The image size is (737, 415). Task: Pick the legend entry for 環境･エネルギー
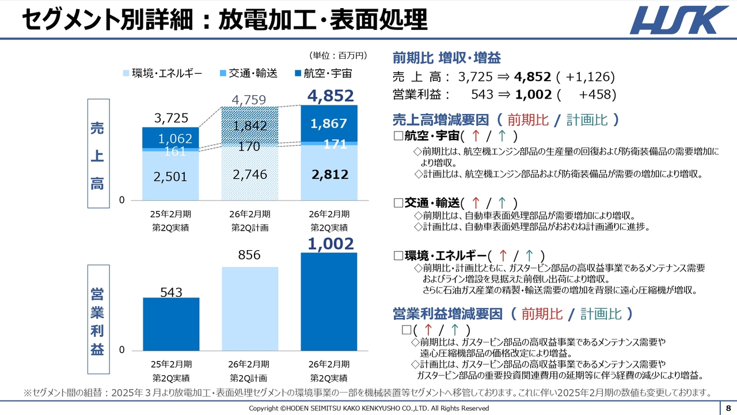[x=162, y=73]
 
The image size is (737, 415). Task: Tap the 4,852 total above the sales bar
[x=330, y=96]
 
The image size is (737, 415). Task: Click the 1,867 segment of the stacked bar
[x=329, y=123]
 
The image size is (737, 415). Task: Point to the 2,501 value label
[x=170, y=176]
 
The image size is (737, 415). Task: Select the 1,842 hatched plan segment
[x=250, y=126]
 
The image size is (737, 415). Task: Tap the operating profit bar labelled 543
[x=171, y=324]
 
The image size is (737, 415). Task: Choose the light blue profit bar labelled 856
[x=250, y=308]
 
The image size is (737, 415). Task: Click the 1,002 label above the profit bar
[x=330, y=244]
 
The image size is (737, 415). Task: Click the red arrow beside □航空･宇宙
[x=476, y=136]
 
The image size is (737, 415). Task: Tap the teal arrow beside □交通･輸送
[x=502, y=203]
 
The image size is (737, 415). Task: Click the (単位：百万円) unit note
[x=338, y=55]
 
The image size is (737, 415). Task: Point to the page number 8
[x=728, y=408]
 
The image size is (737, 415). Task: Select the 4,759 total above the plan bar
[x=249, y=100]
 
